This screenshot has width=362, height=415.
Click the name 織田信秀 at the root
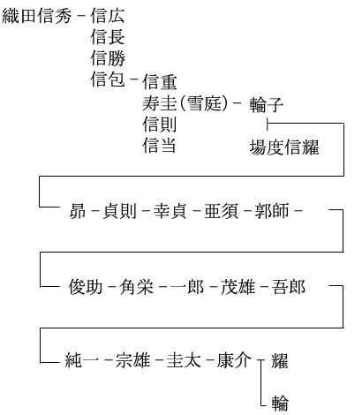point(37,16)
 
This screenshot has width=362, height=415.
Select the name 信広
point(108,16)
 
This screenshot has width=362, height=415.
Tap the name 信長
point(108,37)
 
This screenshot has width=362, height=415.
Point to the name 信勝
point(108,58)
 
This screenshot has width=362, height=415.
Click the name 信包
point(108,79)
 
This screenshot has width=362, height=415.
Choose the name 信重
point(160,82)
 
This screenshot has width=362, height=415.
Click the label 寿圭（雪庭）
point(185,103)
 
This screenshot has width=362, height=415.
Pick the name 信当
point(159,146)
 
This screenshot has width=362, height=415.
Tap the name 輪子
point(267,105)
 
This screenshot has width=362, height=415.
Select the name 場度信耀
point(284,147)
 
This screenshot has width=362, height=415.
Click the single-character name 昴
point(78,211)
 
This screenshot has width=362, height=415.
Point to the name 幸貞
point(170,211)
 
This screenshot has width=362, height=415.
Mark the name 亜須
point(222,211)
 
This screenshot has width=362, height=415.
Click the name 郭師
point(272,211)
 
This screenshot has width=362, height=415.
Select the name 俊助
point(86,286)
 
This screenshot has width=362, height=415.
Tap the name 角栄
point(136,286)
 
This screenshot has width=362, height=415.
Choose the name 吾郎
point(289,286)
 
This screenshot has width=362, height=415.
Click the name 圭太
point(184,360)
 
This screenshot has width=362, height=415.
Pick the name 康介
point(234,360)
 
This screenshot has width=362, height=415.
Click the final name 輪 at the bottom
point(280,403)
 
